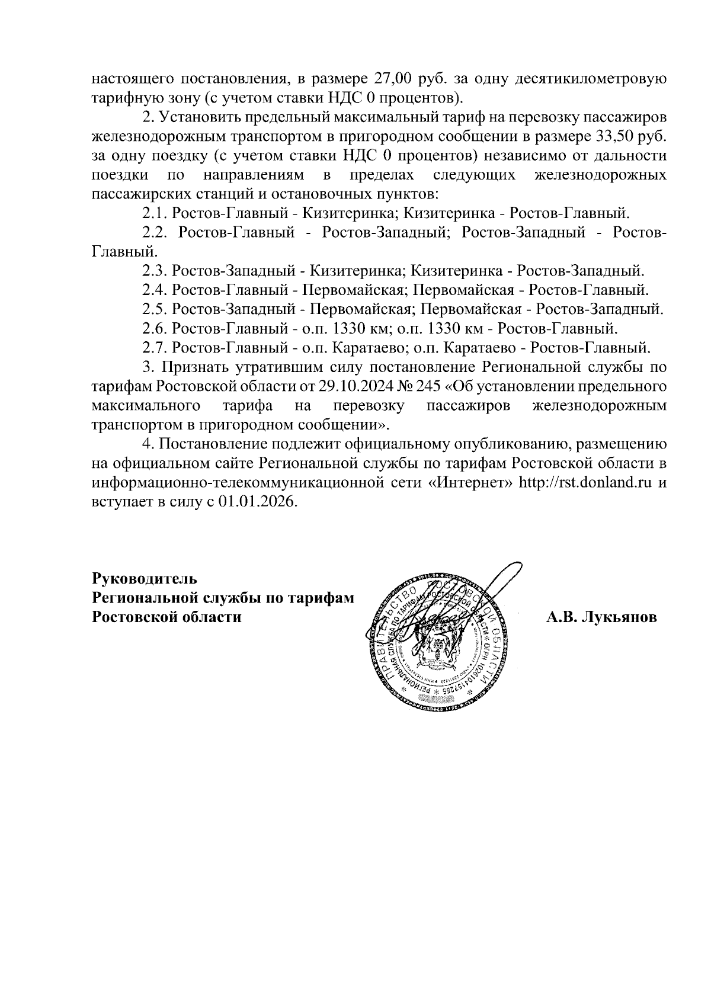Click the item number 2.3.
coord(156,271)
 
